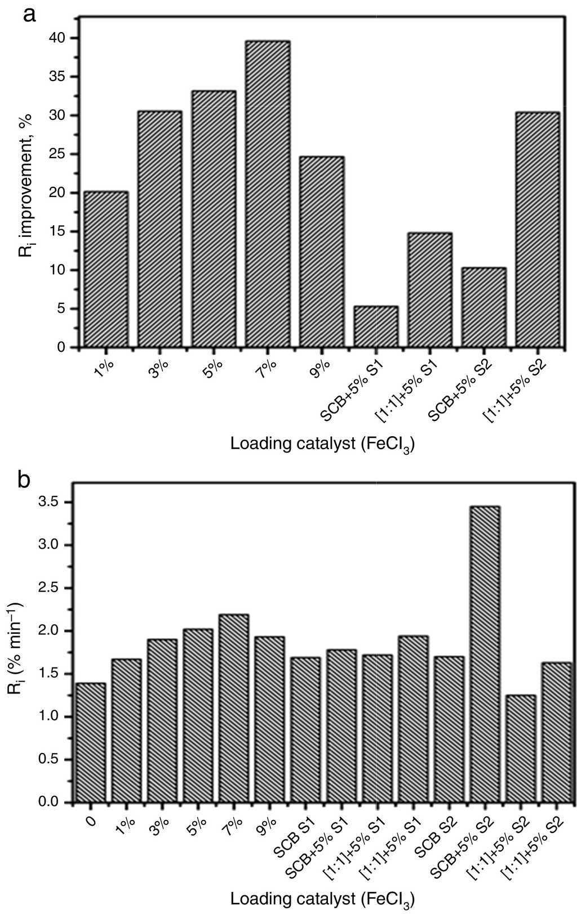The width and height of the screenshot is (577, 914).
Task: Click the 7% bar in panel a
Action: [268, 194]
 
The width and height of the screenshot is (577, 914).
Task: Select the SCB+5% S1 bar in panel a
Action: [376, 327]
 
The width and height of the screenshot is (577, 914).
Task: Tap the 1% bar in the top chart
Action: [105, 270]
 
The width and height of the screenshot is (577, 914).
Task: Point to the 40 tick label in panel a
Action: [60, 38]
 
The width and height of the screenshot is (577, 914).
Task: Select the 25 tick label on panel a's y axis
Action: [60, 154]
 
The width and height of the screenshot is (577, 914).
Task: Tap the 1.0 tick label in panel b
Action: [54, 717]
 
